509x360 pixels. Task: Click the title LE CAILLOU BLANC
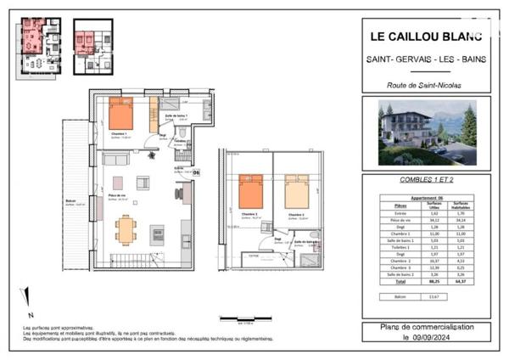pyautogui.click(x=425, y=37)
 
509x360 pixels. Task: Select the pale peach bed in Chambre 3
pyautogui.click(x=297, y=193)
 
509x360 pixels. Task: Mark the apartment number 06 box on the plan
pyautogui.click(x=196, y=172)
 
